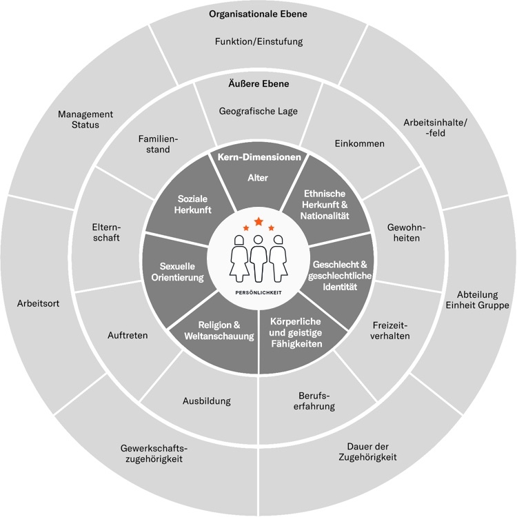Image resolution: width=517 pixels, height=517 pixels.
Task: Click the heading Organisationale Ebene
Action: coord(258,14)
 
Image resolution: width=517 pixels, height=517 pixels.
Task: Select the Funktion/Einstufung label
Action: coord(258,41)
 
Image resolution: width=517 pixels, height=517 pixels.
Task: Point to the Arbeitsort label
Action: coord(39,303)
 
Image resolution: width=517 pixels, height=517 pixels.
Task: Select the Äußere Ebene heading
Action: coord(258,84)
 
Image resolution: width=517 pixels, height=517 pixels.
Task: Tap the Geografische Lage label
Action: coord(258,110)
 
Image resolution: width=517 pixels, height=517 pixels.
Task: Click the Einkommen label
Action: coord(359,143)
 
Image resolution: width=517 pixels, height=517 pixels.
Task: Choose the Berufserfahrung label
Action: coord(317,401)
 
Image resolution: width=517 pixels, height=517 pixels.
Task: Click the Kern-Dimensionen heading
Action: coord(258,157)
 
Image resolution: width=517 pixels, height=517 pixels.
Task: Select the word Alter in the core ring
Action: coord(258,178)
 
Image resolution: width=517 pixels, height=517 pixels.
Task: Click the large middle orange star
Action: coord(258,221)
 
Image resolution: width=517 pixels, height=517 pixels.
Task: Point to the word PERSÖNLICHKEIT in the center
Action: coord(258,292)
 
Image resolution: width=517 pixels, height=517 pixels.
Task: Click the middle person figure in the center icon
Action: coord(258,255)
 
